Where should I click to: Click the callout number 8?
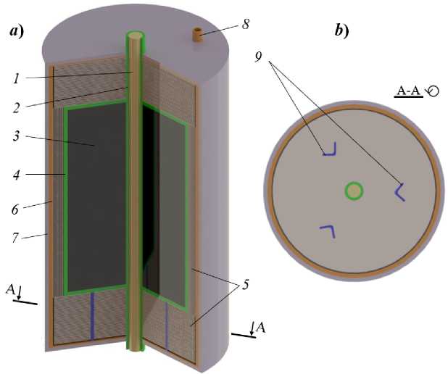tap(246, 24)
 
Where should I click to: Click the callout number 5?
tap(247, 285)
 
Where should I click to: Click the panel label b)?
tap(341, 30)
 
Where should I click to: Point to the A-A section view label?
tap(410, 91)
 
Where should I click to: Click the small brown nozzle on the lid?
tap(197, 33)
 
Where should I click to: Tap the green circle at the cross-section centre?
tap(354, 191)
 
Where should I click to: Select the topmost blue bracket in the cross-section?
tap(330, 150)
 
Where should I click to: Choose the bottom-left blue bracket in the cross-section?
tap(327, 230)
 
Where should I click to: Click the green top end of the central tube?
tap(135, 36)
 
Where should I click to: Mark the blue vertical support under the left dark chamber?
tap(93, 315)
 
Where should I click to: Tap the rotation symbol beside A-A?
tap(433, 90)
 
